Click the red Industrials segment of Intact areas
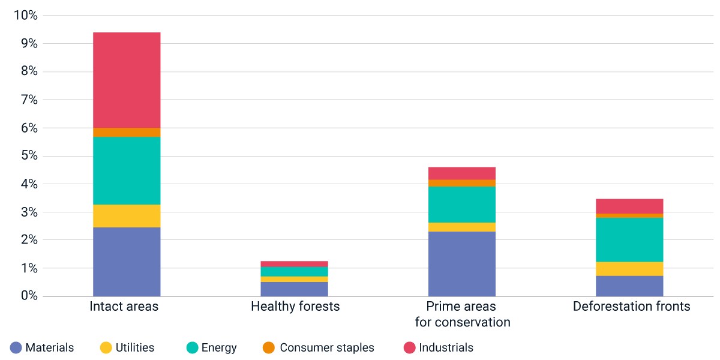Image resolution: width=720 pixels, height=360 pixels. tap(127, 80)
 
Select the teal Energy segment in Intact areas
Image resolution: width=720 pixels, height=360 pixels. tap(127, 170)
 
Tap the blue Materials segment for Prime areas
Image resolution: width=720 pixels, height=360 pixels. tap(462, 264)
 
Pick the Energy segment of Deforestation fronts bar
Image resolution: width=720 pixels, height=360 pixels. tap(629, 240)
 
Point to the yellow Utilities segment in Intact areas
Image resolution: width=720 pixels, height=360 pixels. tap(127, 216)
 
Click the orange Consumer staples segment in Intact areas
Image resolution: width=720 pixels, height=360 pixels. tap(127, 133)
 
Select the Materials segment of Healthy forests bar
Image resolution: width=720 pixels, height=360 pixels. tap(295, 289)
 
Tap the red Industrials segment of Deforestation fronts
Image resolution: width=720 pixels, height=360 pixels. tap(629, 206)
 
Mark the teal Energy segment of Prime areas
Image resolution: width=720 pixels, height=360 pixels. tap(462, 205)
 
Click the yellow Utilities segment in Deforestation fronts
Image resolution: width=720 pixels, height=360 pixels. tap(629, 269)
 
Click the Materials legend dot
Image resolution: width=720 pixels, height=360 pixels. tap(16, 347)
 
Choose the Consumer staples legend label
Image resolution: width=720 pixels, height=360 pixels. tap(327, 347)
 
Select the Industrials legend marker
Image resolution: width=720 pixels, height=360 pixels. tap(409, 347)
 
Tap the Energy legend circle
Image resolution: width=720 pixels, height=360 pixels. tap(192, 347)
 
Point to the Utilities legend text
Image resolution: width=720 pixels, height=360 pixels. tap(134, 347)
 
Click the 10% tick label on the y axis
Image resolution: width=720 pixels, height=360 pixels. tap(26, 15)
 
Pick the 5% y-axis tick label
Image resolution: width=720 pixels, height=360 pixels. tap(29, 155)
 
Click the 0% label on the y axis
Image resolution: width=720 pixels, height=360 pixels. tap(29, 295)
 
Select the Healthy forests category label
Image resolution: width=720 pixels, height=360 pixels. tap(295, 307)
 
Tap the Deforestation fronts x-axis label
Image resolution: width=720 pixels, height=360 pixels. tap(631, 307)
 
